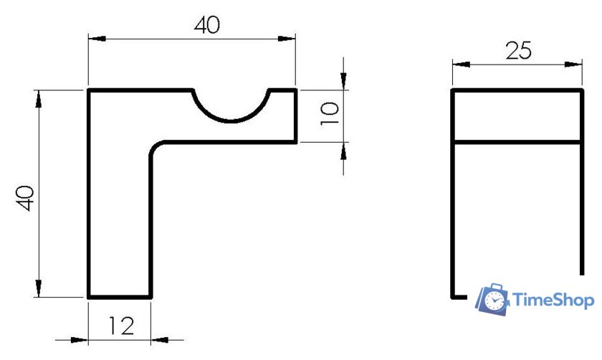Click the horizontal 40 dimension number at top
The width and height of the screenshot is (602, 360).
[207, 25]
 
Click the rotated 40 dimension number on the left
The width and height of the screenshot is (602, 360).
[26, 198]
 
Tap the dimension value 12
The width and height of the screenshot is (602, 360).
[121, 326]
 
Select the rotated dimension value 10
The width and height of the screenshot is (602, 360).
[330, 114]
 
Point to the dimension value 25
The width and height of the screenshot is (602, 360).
[518, 51]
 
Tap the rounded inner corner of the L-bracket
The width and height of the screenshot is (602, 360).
[156, 146]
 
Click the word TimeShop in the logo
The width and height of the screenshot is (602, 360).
[553, 300]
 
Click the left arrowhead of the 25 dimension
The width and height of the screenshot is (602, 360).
[461, 65]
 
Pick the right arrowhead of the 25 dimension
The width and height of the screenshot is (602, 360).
[573, 65]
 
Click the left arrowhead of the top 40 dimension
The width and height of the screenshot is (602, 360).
[97, 39]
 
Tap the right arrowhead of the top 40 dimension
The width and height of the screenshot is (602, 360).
[287, 39]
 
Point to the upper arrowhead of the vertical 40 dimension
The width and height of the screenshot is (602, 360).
[39, 99]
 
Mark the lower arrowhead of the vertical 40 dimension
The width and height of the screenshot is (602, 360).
[39, 288]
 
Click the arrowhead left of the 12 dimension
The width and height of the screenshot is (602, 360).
[80, 340]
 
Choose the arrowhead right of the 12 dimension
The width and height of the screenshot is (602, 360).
[160, 340]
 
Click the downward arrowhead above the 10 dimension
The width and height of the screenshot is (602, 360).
[343, 81]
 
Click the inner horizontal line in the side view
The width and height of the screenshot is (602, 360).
[517, 143]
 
